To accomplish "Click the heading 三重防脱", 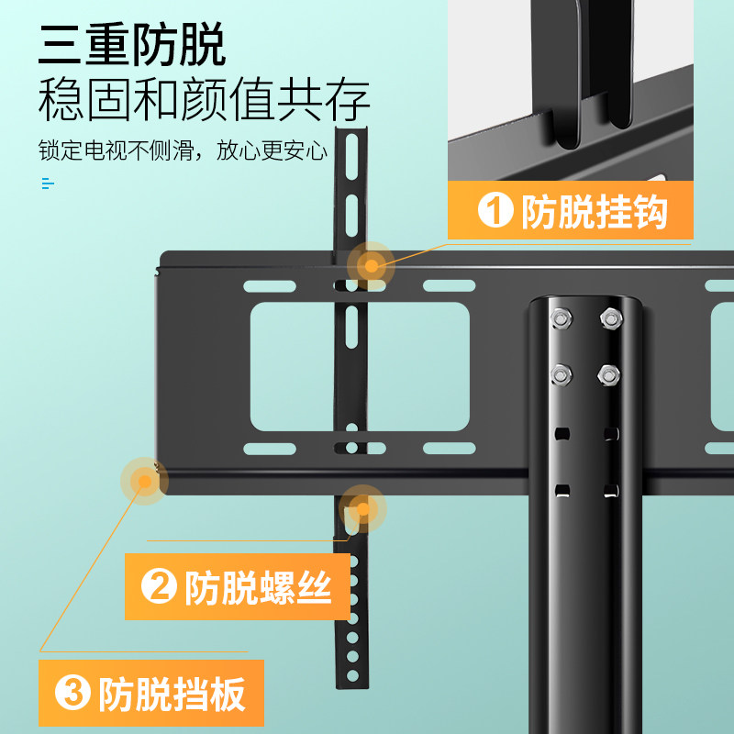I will [x=132, y=44].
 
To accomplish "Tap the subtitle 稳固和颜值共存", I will [x=204, y=100].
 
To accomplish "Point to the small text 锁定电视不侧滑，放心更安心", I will [x=183, y=150].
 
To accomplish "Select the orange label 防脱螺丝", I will [x=238, y=587].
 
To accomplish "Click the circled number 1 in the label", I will [x=495, y=213].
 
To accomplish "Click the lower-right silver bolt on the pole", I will [x=607, y=373].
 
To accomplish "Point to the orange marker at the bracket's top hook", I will [x=371, y=266].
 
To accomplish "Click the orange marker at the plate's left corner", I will [x=143, y=481].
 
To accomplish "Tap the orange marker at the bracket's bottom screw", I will [x=362, y=508].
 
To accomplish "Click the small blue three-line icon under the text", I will [x=48, y=183].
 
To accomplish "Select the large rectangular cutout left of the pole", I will [x=360, y=367].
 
